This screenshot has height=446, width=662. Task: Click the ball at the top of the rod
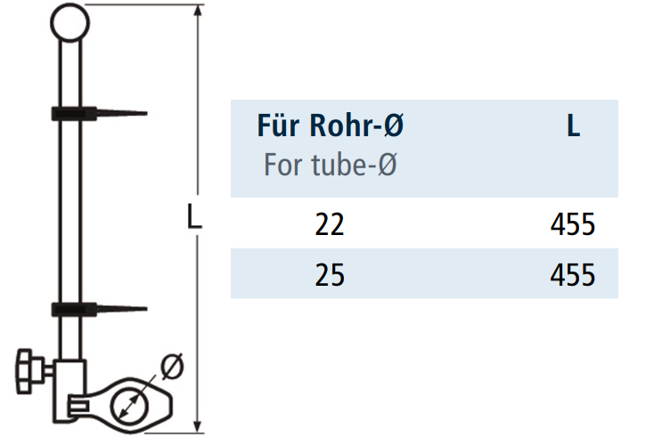tap(69, 22)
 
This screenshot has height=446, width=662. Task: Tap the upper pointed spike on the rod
tap(121, 113)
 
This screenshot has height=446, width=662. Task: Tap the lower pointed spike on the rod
tap(121, 309)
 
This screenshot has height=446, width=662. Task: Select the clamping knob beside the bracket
tap(27, 371)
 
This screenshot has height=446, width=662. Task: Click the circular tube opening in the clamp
tap(129, 406)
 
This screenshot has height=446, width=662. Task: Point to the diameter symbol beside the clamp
tap(172, 366)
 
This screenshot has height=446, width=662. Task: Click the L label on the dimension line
tap(193, 216)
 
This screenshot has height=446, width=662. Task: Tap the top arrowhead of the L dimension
tap(197, 12)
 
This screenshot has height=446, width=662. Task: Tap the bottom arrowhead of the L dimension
tap(197, 426)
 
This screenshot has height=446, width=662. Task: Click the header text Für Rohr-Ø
tap(331, 126)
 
